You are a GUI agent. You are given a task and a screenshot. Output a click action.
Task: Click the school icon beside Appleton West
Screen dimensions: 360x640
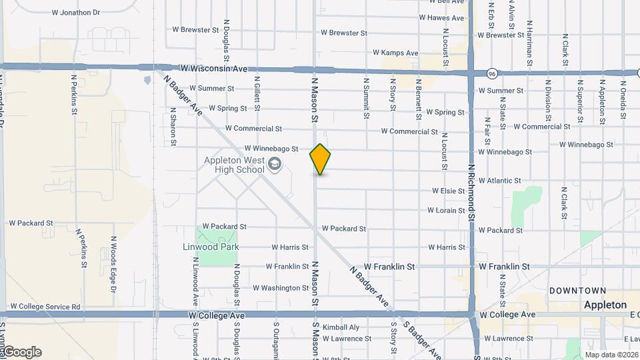click(x=274, y=164)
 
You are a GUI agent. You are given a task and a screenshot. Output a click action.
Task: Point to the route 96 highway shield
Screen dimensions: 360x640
click(x=491, y=73)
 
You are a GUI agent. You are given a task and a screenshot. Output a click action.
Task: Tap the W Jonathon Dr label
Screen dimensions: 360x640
click(x=75, y=12)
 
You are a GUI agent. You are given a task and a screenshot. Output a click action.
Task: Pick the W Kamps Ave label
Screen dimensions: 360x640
click(x=395, y=53)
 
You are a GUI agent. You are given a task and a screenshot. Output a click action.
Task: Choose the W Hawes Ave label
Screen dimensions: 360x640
click(x=441, y=18)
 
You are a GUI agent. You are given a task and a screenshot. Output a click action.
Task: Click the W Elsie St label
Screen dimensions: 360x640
click(x=448, y=191)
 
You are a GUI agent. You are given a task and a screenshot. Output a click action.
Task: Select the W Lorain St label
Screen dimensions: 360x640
click(x=446, y=211)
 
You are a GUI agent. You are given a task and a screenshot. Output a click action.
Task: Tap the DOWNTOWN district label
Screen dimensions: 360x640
click(x=577, y=291)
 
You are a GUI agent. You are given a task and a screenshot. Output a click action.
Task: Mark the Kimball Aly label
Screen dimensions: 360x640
click(x=341, y=328)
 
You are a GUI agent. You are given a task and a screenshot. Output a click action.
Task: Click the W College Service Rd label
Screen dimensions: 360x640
click(x=45, y=307)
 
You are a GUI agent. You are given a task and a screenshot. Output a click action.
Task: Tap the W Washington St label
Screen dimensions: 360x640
click(x=281, y=288)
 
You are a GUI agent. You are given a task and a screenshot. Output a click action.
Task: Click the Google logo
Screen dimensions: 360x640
click(x=22, y=352)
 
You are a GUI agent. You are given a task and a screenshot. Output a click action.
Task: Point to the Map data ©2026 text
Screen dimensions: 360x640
click(x=610, y=355)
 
